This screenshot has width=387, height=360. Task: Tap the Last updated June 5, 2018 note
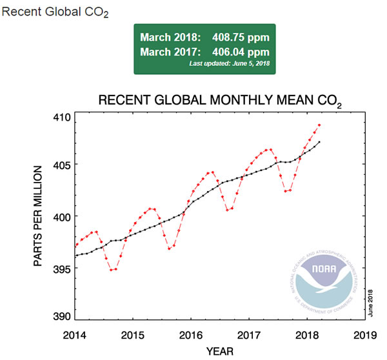tap(228, 64)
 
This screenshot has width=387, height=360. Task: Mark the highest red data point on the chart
tap(319, 125)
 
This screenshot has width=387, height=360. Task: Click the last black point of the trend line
tap(319, 142)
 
